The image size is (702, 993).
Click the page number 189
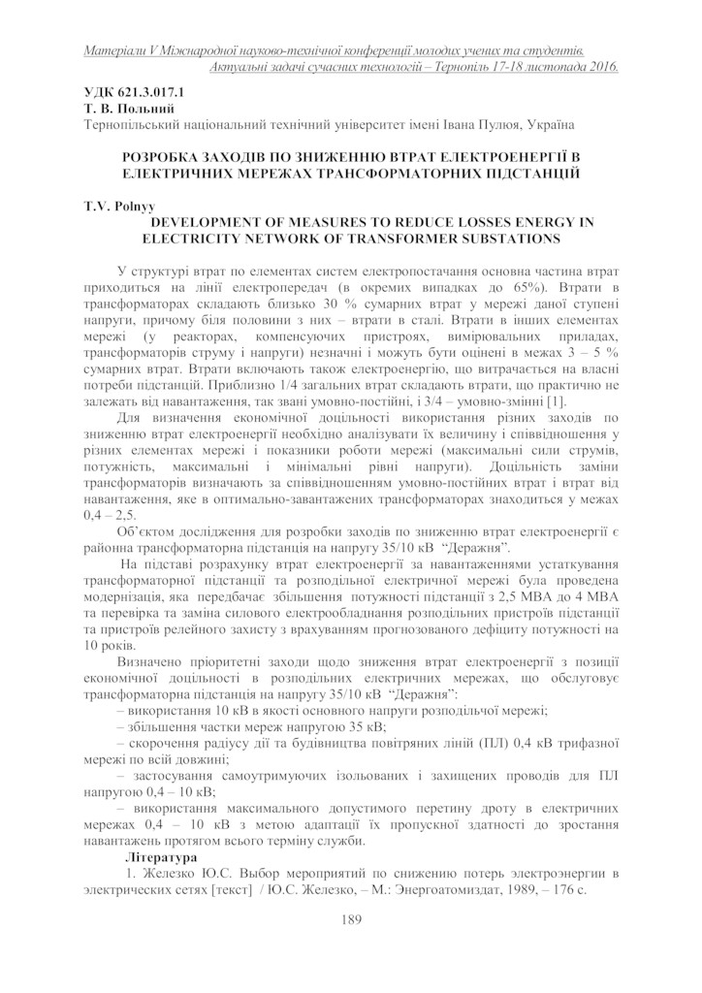tap(351, 919)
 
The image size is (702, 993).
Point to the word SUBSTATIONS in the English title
tap(508, 238)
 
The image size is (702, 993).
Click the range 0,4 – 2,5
tap(111, 515)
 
